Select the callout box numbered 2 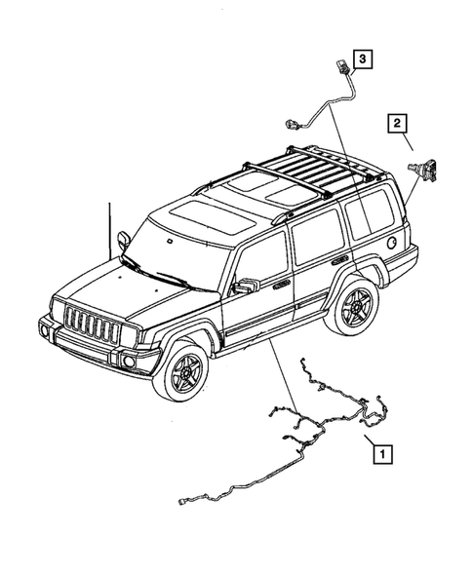point(397,123)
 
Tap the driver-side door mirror point(244,287)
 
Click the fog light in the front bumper point(127,364)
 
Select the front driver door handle point(283,284)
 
